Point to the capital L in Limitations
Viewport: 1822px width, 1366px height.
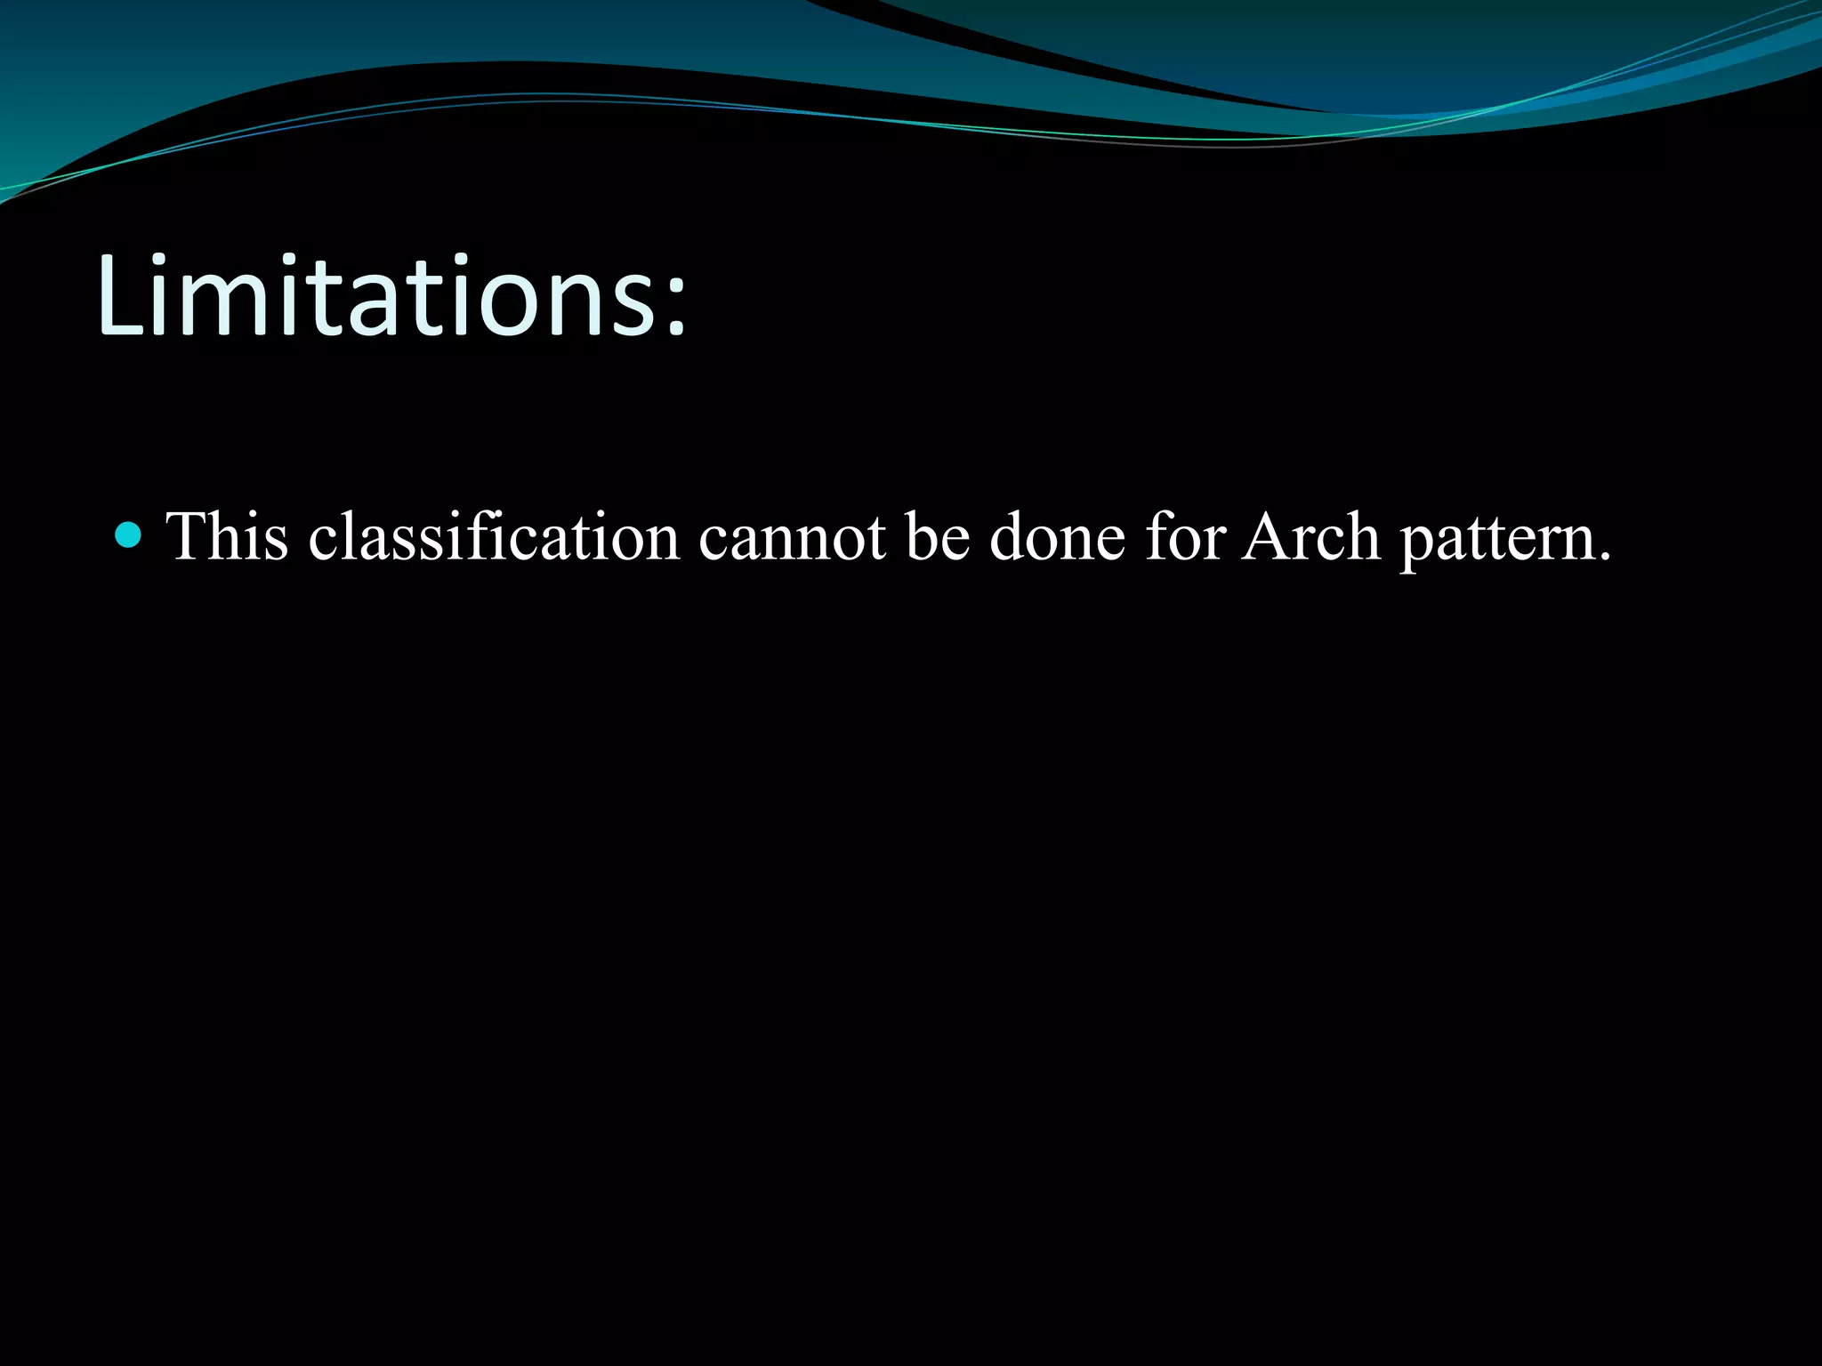click(119, 295)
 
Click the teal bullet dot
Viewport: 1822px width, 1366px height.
click(129, 534)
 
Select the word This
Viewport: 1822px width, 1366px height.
click(228, 536)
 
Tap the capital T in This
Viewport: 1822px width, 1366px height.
click(187, 536)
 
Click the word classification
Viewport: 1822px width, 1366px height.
click(495, 536)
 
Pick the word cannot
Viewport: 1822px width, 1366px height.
click(793, 536)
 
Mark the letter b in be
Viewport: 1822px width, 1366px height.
click(922, 536)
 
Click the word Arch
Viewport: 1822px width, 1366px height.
click(1310, 536)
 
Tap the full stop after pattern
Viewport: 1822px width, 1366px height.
click(1604, 558)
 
